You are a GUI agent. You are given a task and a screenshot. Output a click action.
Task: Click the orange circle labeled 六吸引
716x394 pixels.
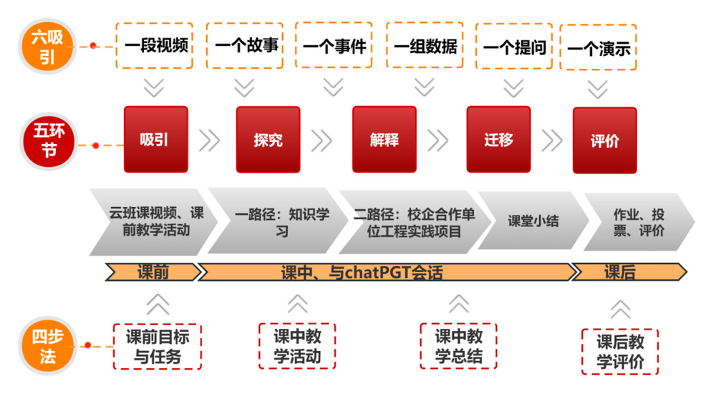(x=47, y=46)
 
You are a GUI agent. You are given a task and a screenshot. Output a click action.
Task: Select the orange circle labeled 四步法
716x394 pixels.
(x=47, y=346)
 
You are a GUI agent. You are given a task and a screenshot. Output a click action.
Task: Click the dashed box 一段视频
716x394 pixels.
(x=155, y=46)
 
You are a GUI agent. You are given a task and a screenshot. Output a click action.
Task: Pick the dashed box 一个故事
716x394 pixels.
(x=246, y=46)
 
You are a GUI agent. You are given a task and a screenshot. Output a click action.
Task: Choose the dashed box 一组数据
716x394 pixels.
(x=425, y=47)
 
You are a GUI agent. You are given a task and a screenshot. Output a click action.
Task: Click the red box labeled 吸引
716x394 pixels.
(x=155, y=139)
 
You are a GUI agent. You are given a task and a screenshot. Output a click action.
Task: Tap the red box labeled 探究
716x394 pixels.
(x=268, y=140)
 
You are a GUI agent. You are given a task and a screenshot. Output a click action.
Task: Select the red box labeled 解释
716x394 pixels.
(x=384, y=139)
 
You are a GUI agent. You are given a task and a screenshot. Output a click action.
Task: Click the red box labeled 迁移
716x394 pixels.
(x=498, y=139)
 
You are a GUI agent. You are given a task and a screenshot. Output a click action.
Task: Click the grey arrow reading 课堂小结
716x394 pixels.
(x=533, y=221)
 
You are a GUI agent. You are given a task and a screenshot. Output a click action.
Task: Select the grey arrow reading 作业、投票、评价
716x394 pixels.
(x=638, y=222)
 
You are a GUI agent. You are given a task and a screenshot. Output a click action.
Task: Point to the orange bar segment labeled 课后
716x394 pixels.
(x=620, y=272)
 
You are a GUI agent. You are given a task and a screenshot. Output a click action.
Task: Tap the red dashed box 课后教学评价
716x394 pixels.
(x=620, y=352)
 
